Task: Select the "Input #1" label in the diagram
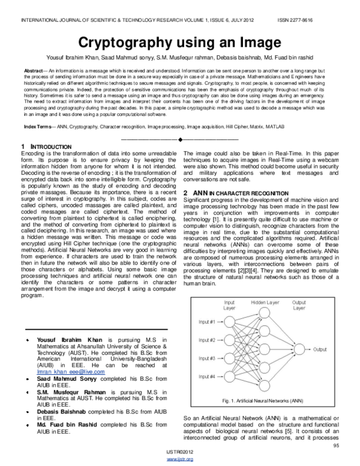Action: tap(206, 322)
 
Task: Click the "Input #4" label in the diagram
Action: tap(206, 376)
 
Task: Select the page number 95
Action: tap(336, 445)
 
